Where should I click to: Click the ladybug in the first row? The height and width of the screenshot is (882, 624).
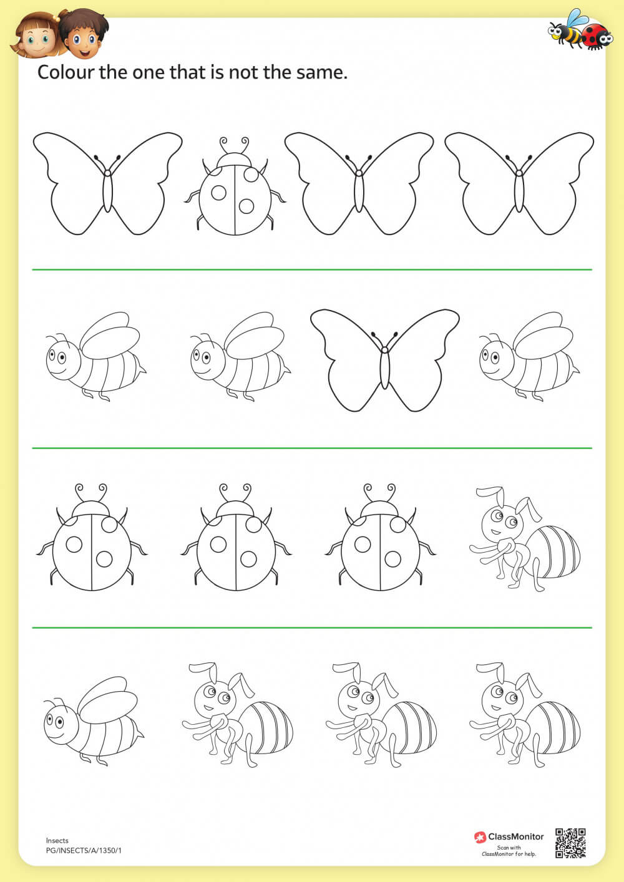(235, 190)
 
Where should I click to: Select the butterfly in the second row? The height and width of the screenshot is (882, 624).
(384, 361)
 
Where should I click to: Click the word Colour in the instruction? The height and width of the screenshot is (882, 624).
(66, 72)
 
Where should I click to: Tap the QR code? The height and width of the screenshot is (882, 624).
(570, 843)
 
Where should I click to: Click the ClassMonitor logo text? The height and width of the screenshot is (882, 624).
(515, 836)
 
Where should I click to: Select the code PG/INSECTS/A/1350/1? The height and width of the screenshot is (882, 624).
(84, 850)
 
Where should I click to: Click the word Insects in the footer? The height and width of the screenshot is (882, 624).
(57, 840)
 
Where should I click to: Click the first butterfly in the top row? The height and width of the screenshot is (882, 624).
(107, 183)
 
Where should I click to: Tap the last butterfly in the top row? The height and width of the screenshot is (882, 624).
(519, 183)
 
